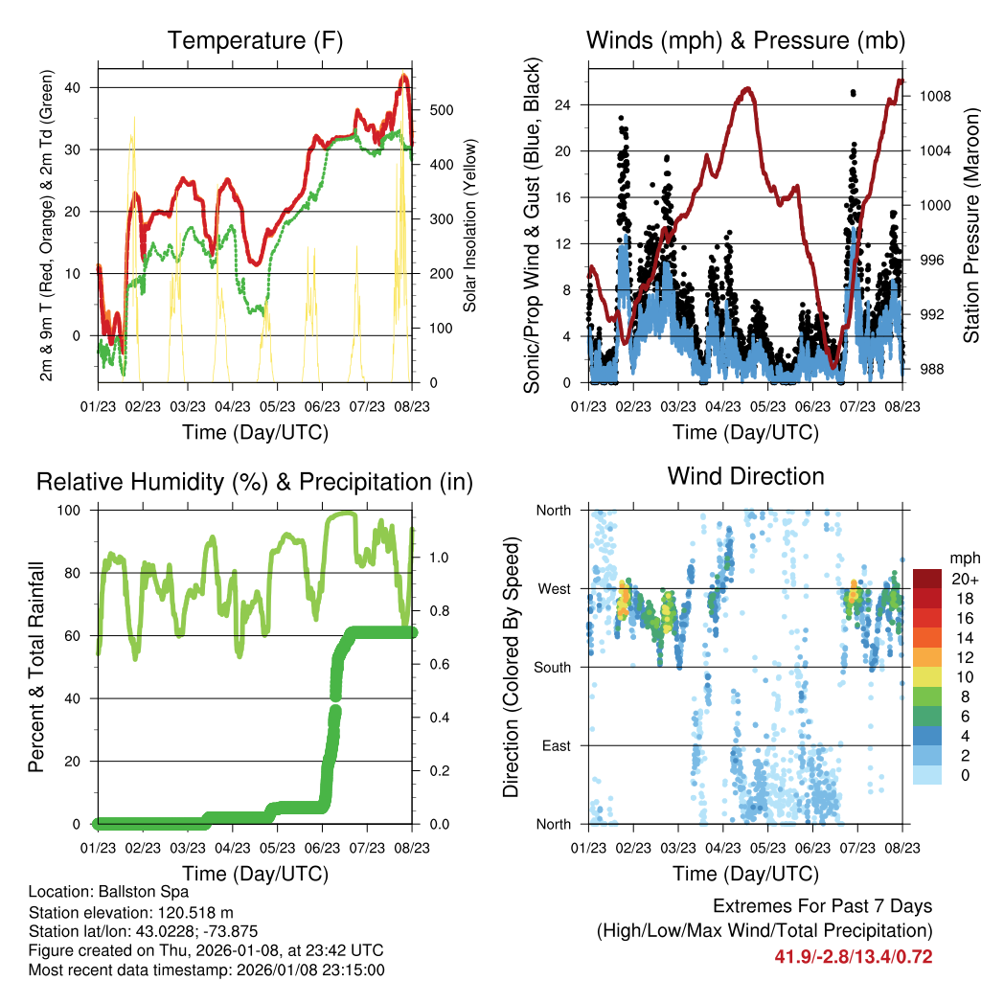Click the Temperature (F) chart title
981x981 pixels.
tap(255, 41)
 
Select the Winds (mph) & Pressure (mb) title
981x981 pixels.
tap(745, 41)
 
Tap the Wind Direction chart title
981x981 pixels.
tap(745, 476)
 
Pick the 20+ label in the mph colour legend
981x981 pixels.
tap(963, 580)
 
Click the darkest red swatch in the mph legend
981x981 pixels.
tap(926, 579)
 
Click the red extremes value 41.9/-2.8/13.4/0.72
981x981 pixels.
tap(853, 956)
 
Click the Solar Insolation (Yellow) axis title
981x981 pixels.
tap(469, 226)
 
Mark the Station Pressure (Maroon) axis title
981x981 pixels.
tap(971, 226)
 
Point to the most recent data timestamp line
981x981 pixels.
tap(206, 970)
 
